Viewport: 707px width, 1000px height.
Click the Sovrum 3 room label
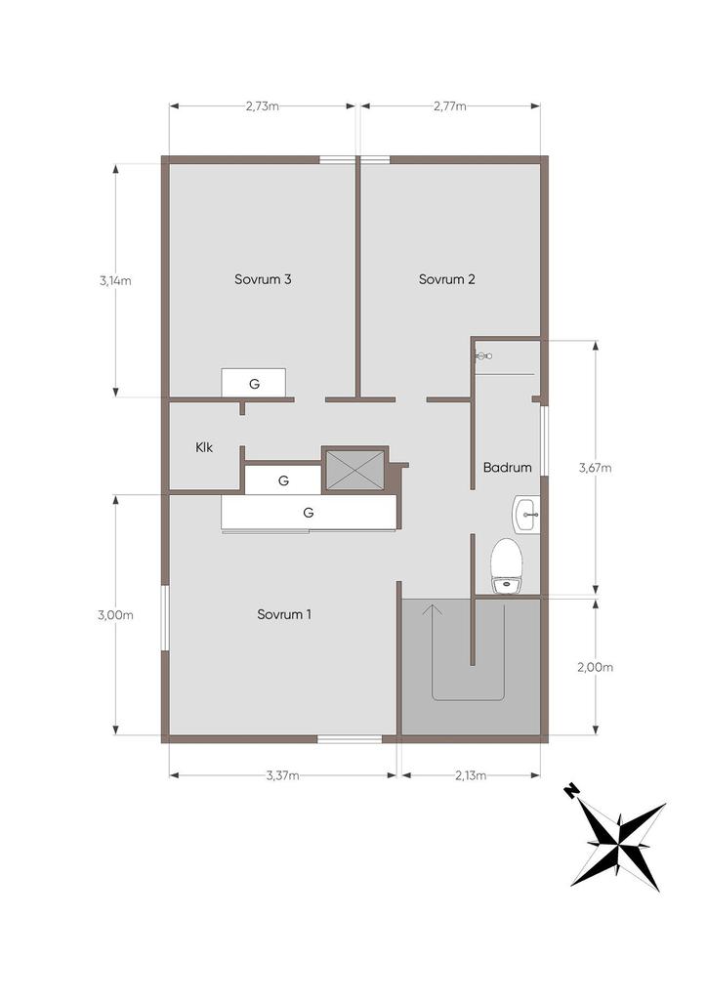[x=263, y=279]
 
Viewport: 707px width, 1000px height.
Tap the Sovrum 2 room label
[x=447, y=279]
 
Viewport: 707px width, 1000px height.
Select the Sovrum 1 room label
[x=284, y=614]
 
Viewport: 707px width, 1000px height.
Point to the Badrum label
[x=508, y=468]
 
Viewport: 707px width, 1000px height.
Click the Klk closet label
[x=204, y=447]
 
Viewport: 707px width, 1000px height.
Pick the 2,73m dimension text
[x=263, y=106]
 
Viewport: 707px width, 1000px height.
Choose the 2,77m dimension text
[x=450, y=106]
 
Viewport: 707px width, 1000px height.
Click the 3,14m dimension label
[x=115, y=280]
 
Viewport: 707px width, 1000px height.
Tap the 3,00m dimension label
[x=115, y=615]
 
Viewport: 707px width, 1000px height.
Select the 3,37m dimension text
[x=282, y=775]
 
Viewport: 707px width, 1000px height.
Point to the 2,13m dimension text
[x=471, y=775]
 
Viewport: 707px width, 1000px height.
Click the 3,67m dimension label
[x=595, y=468]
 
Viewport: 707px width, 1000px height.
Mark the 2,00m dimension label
[x=595, y=667]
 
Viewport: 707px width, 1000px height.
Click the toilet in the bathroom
[x=507, y=565]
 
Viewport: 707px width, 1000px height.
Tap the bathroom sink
[x=526, y=514]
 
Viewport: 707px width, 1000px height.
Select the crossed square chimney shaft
[x=355, y=471]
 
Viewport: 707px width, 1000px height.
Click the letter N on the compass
[x=572, y=792]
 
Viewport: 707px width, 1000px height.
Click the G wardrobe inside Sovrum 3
[x=254, y=383]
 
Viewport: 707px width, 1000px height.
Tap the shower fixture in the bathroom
[x=483, y=356]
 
